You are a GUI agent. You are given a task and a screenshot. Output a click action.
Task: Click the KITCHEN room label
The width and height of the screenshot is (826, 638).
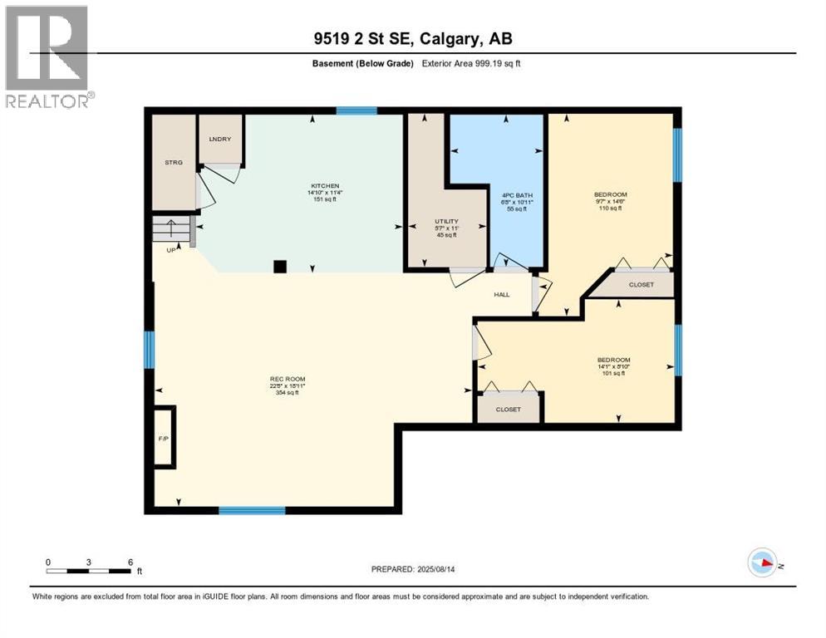pyautogui.click(x=325, y=186)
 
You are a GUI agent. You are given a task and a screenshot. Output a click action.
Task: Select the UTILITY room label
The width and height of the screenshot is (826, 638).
pyautogui.click(x=446, y=222)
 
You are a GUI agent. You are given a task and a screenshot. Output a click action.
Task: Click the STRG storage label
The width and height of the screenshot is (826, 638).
pyautogui.click(x=173, y=163)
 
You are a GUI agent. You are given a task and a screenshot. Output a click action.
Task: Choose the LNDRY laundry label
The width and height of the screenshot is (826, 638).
pyautogui.click(x=219, y=139)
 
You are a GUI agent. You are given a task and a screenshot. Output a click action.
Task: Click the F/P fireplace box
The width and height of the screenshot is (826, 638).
pyautogui.click(x=163, y=437)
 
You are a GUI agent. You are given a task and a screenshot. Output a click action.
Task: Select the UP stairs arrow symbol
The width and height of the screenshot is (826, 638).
pyautogui.click(x=170, y=228)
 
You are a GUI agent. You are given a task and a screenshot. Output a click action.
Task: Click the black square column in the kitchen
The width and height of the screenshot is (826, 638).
pyautogui.click(x=281, y=267)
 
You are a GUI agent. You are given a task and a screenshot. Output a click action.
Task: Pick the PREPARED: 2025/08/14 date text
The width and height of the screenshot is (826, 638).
pyautogui.click(x=413, y=569)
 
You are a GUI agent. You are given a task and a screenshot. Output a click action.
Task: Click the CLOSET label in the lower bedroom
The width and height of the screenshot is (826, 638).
pyautogui.click(x=508, y=410)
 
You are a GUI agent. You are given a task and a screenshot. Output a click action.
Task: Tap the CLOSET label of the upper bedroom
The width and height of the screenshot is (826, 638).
pyautogui.click(x=641, y=285)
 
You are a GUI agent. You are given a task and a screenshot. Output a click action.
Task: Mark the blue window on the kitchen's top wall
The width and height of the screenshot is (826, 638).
pyautogui.click(x=356, y=110)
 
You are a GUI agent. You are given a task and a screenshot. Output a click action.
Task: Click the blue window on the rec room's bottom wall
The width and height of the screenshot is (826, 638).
pyautogui.click(x=252, y=510)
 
